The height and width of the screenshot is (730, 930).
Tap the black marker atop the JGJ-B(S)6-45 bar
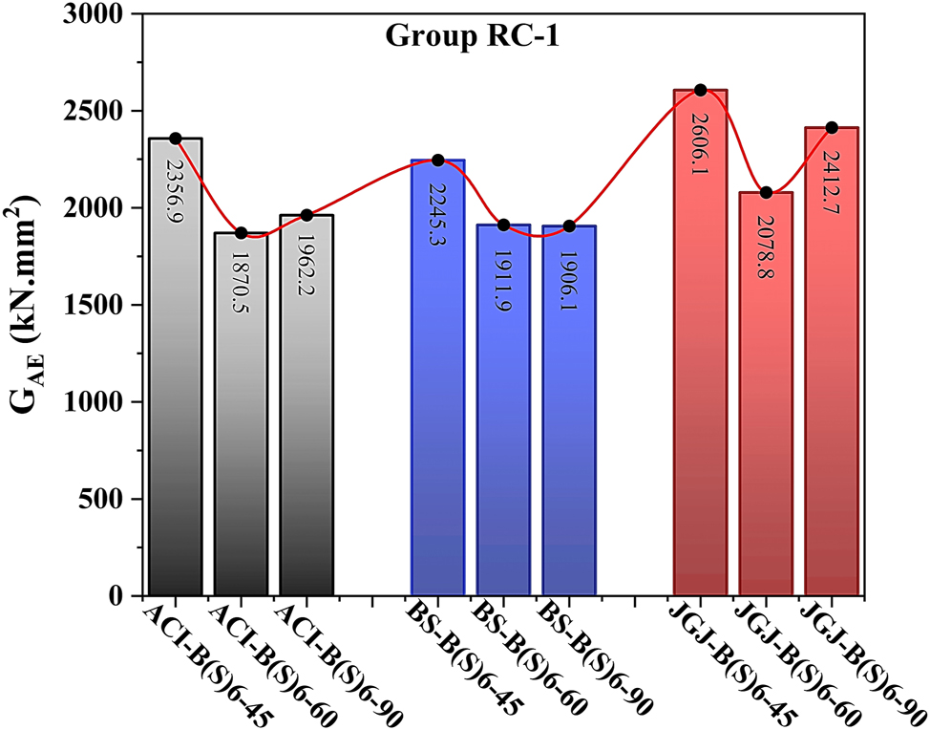coord(701,90)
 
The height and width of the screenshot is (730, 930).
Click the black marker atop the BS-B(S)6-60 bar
coord(504,225)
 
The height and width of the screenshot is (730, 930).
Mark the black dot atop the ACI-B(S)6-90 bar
coord(306,215)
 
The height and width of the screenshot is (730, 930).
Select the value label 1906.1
coord(569,277)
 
